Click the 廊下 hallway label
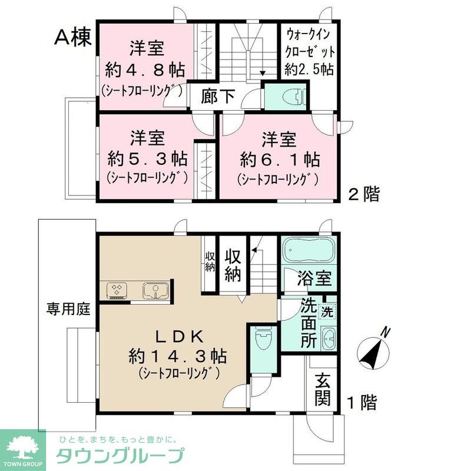pyautogui.click(x=218, y=97)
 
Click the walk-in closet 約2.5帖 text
pyautogui.click(x=309, y=69)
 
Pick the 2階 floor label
pyautogui.click(x=363, y=194)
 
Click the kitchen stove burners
pyautogui.click(x=116, y=290)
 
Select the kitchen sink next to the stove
pyautogui.click(x=154, y=290)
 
